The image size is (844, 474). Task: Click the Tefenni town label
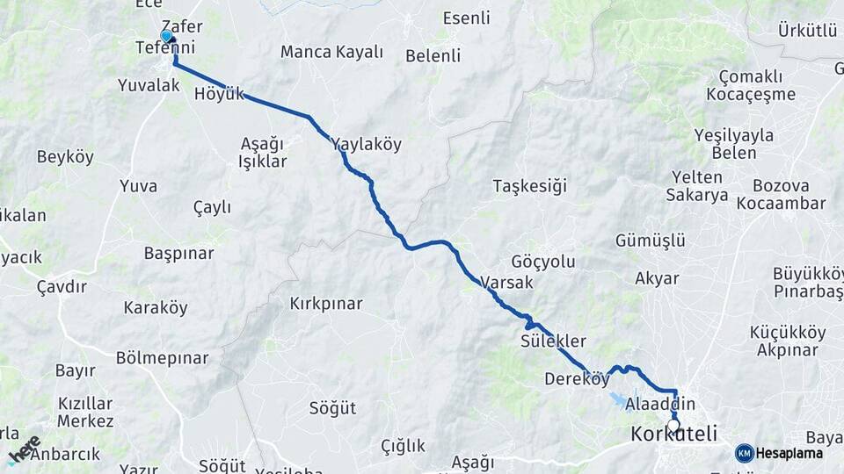(165, 47)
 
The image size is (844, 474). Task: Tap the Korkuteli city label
(674, 434)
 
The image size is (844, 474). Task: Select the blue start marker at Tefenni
(166, 36)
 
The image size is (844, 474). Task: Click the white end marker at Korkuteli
(674, 425)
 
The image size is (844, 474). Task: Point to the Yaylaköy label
(366, 145)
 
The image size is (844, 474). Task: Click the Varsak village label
(507, 283)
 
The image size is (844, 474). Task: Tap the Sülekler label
(553, 341)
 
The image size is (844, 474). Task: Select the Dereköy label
(577, 379)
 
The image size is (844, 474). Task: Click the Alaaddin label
(660, 404)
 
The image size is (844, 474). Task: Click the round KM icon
(745, 453)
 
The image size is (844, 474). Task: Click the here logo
(24, 449)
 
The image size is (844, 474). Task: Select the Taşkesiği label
(530, 185)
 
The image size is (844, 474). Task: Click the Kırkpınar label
(326, 304)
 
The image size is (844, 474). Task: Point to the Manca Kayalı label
(332, 52)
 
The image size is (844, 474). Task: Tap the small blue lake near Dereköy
(619, 400)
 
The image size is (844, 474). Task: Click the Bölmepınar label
(162, 358)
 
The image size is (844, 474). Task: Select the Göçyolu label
(542, 262)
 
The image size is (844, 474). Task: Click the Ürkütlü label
(807, 31)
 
